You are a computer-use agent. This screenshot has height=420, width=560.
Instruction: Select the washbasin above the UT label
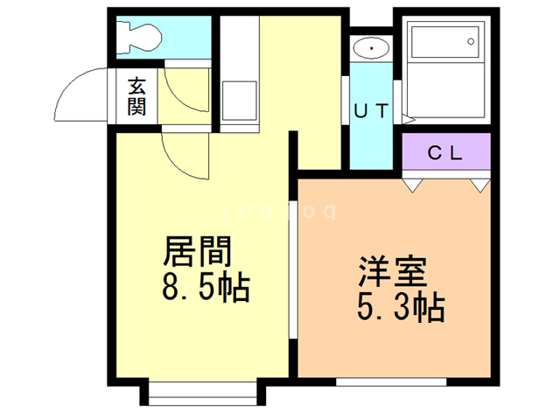372,47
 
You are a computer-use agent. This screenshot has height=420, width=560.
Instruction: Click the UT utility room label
372,111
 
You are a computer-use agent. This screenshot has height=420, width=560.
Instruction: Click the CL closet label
444,152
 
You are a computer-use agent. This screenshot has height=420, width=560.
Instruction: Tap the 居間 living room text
198,252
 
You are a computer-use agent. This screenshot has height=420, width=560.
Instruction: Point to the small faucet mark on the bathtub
472,38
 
